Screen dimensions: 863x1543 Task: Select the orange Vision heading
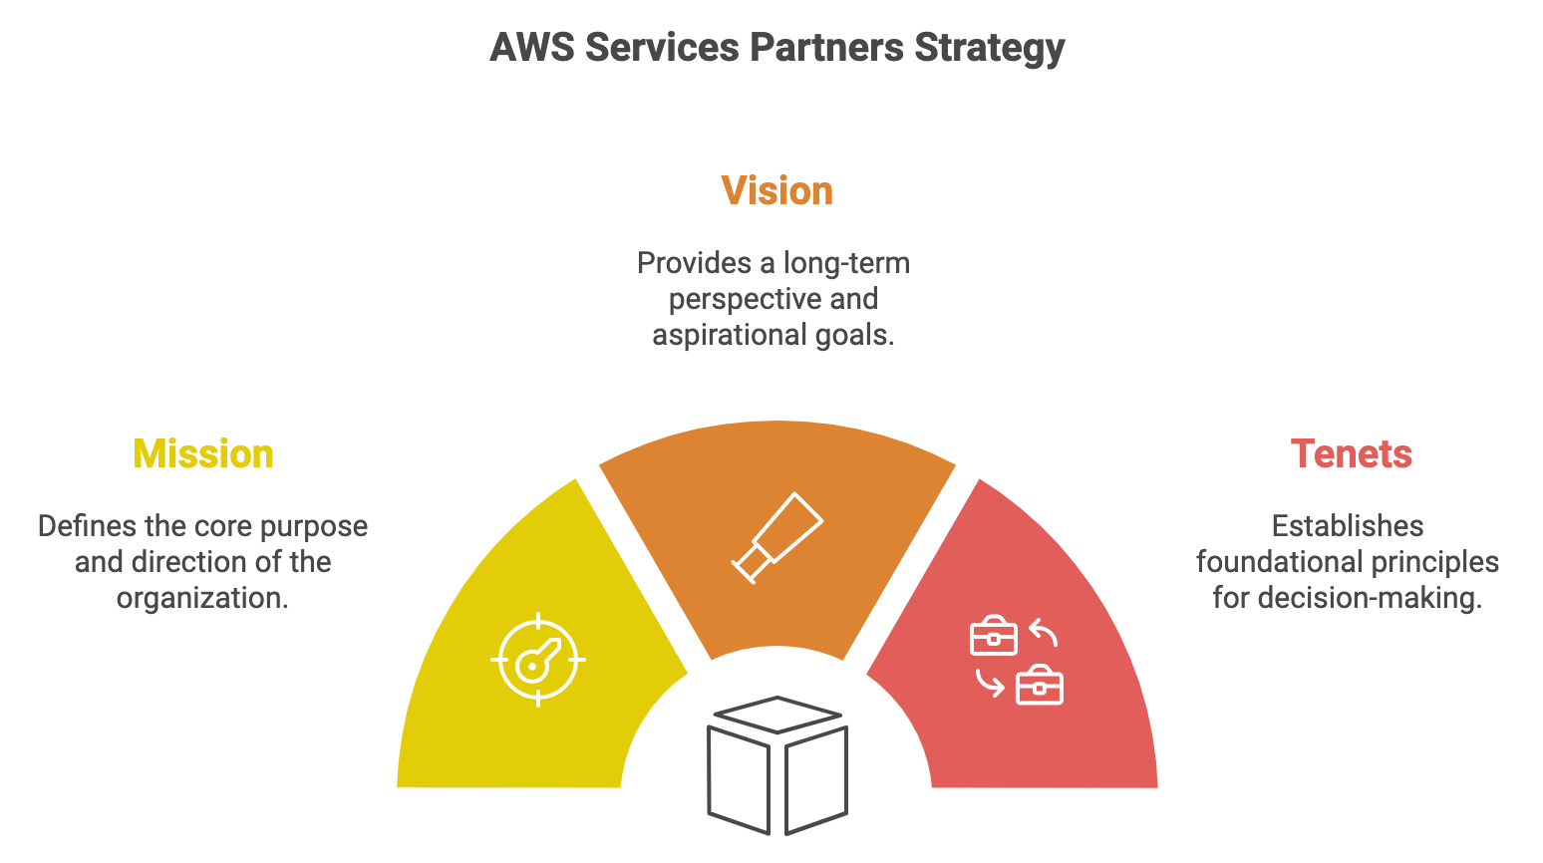pyautogui.click(x=776, y=190)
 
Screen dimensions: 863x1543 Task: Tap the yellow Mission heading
pyautogui.click(x=202, y=453)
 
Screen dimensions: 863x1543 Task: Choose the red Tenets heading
pyautogui.click(x=1351, y=453)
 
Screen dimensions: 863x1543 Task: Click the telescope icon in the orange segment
pyautogui.click(x=777, y=537)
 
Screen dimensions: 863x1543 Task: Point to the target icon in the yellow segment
pyautogui.click(x=538, y=660)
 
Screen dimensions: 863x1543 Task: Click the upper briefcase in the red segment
pyautogui.click(x=993, y=637)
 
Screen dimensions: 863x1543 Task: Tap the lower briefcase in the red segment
pyautogui.click(x=1039, y=686)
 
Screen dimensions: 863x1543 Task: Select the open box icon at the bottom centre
pyautogui.click(x=777, y=765)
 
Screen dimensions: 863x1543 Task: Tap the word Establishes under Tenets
pyautogui.click(x=1348, y=526)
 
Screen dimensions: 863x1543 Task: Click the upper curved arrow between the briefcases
pyautogui.click(x=1043, y=632)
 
